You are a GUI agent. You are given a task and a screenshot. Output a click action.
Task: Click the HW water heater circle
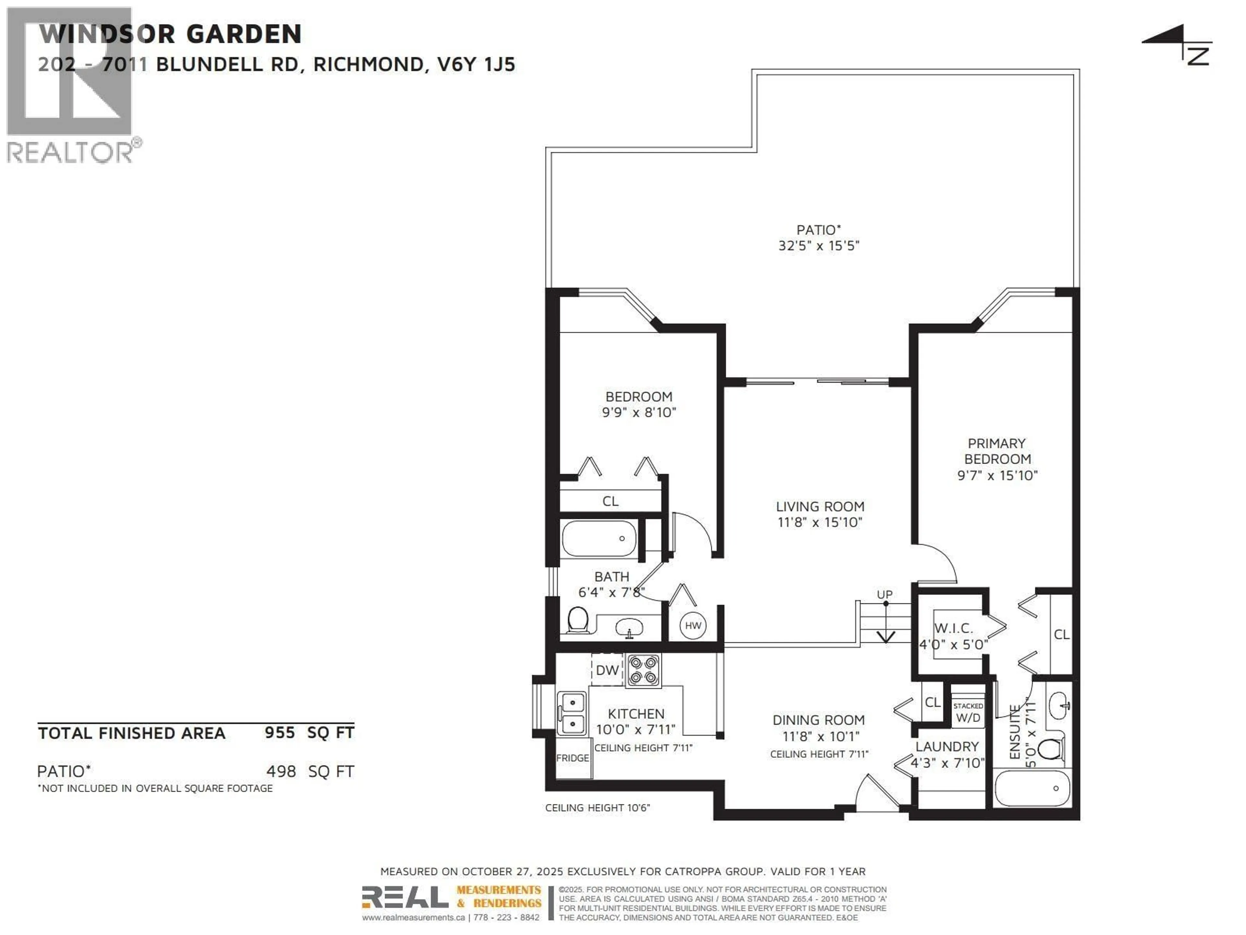tap(693, 626)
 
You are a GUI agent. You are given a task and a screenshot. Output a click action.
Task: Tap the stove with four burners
tap(643, 670)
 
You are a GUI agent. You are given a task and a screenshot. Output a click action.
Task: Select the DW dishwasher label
tap(607, 670)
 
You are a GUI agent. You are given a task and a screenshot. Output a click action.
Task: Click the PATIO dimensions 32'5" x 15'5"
tap(818, 246)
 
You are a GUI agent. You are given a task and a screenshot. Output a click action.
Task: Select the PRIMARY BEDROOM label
tap(996, 452)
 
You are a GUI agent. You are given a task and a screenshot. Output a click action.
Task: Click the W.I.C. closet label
tap(953, 629)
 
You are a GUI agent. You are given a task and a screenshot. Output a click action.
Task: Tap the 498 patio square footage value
tap(281, 771)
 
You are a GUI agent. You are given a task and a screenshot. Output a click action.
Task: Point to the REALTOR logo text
tap(70, 152)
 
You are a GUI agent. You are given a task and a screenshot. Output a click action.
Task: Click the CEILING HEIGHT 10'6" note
tap(597, 808)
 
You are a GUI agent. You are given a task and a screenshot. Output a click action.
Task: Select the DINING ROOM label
tap(818, 720)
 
